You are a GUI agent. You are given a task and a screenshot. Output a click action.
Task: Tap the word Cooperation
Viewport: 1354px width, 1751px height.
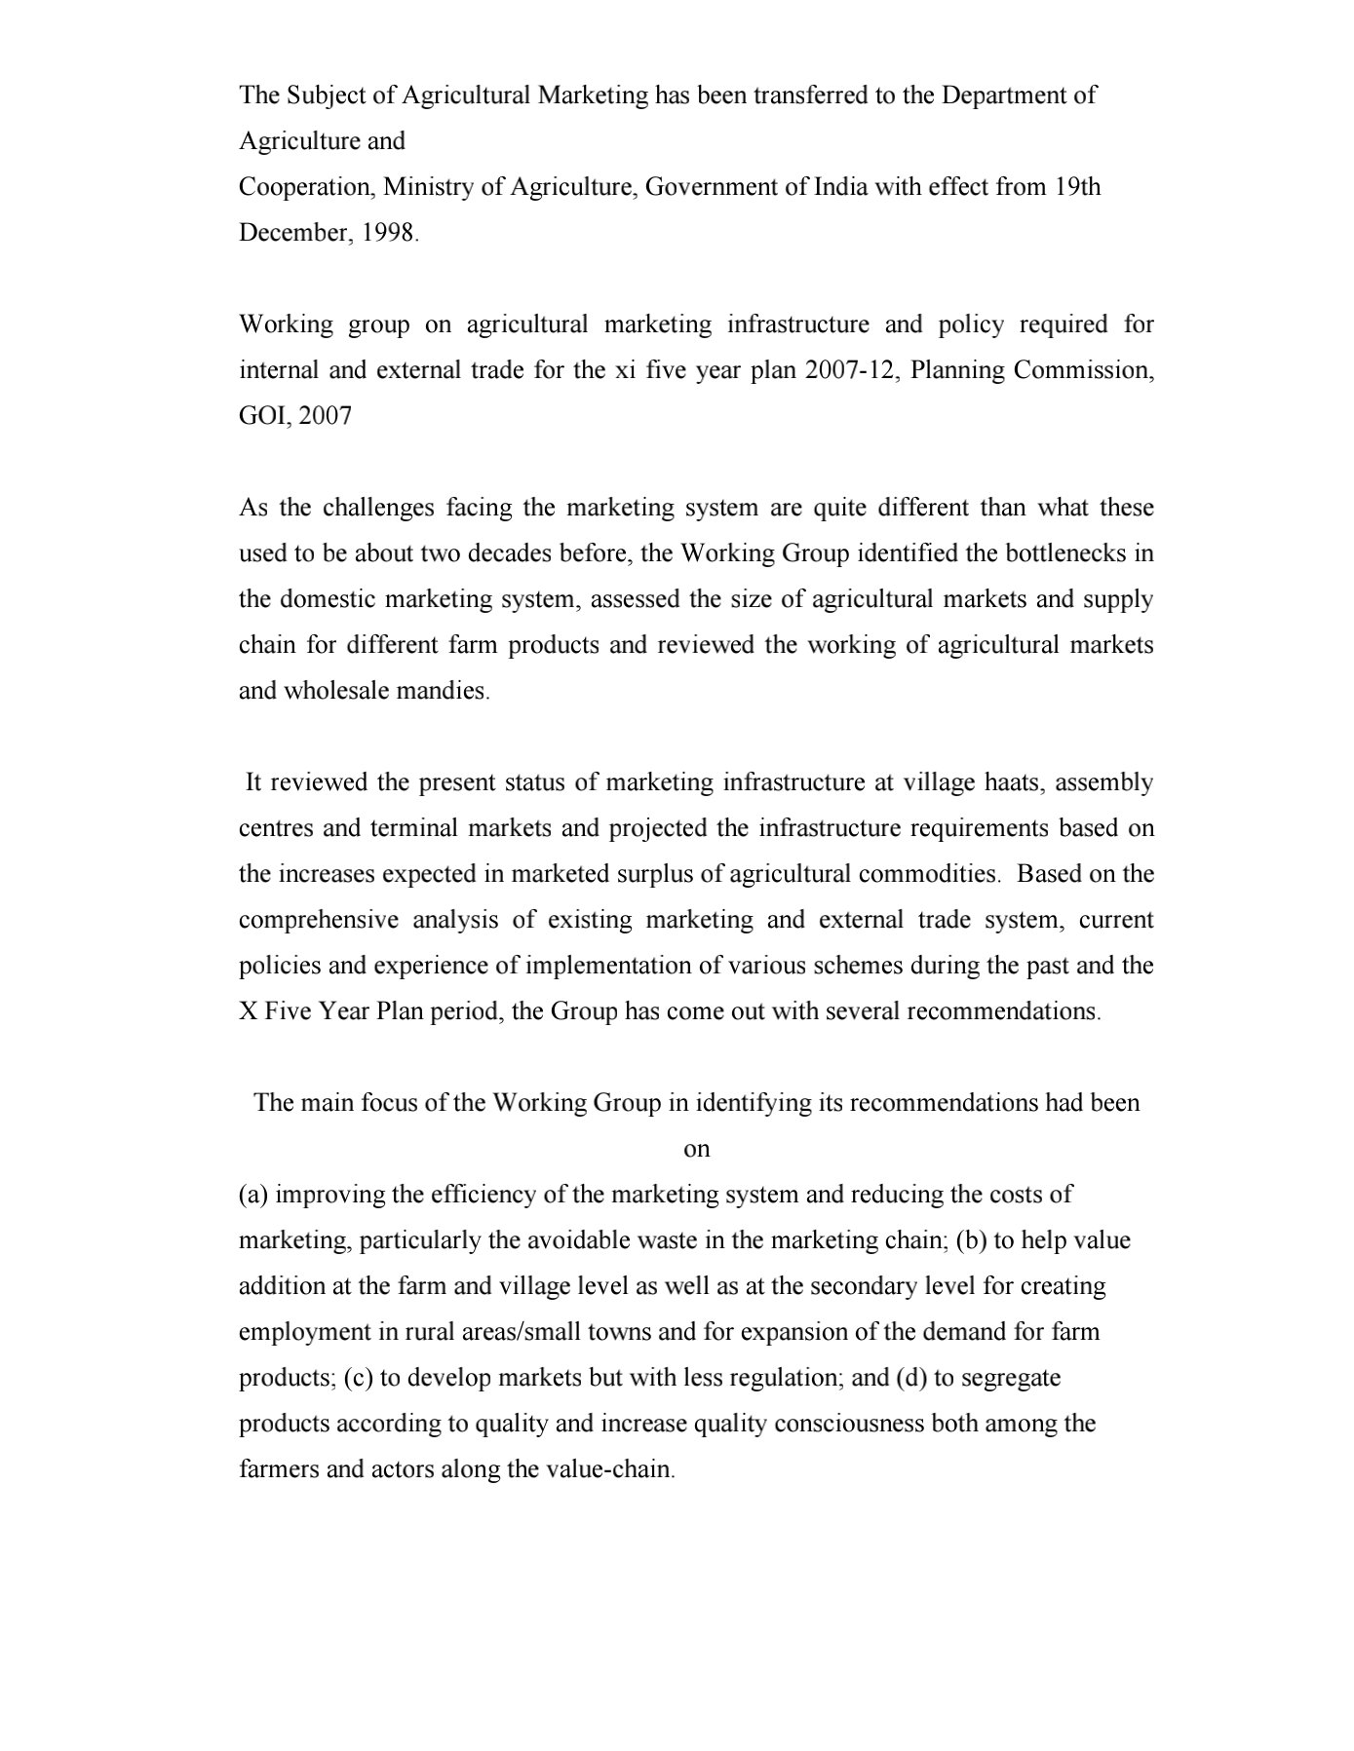(x=307, y=187)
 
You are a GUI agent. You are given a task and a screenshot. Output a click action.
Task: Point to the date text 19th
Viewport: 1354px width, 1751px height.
(x=1077, y=187)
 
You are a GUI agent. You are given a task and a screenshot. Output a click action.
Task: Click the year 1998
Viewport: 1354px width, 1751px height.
(x=388, y=233)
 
